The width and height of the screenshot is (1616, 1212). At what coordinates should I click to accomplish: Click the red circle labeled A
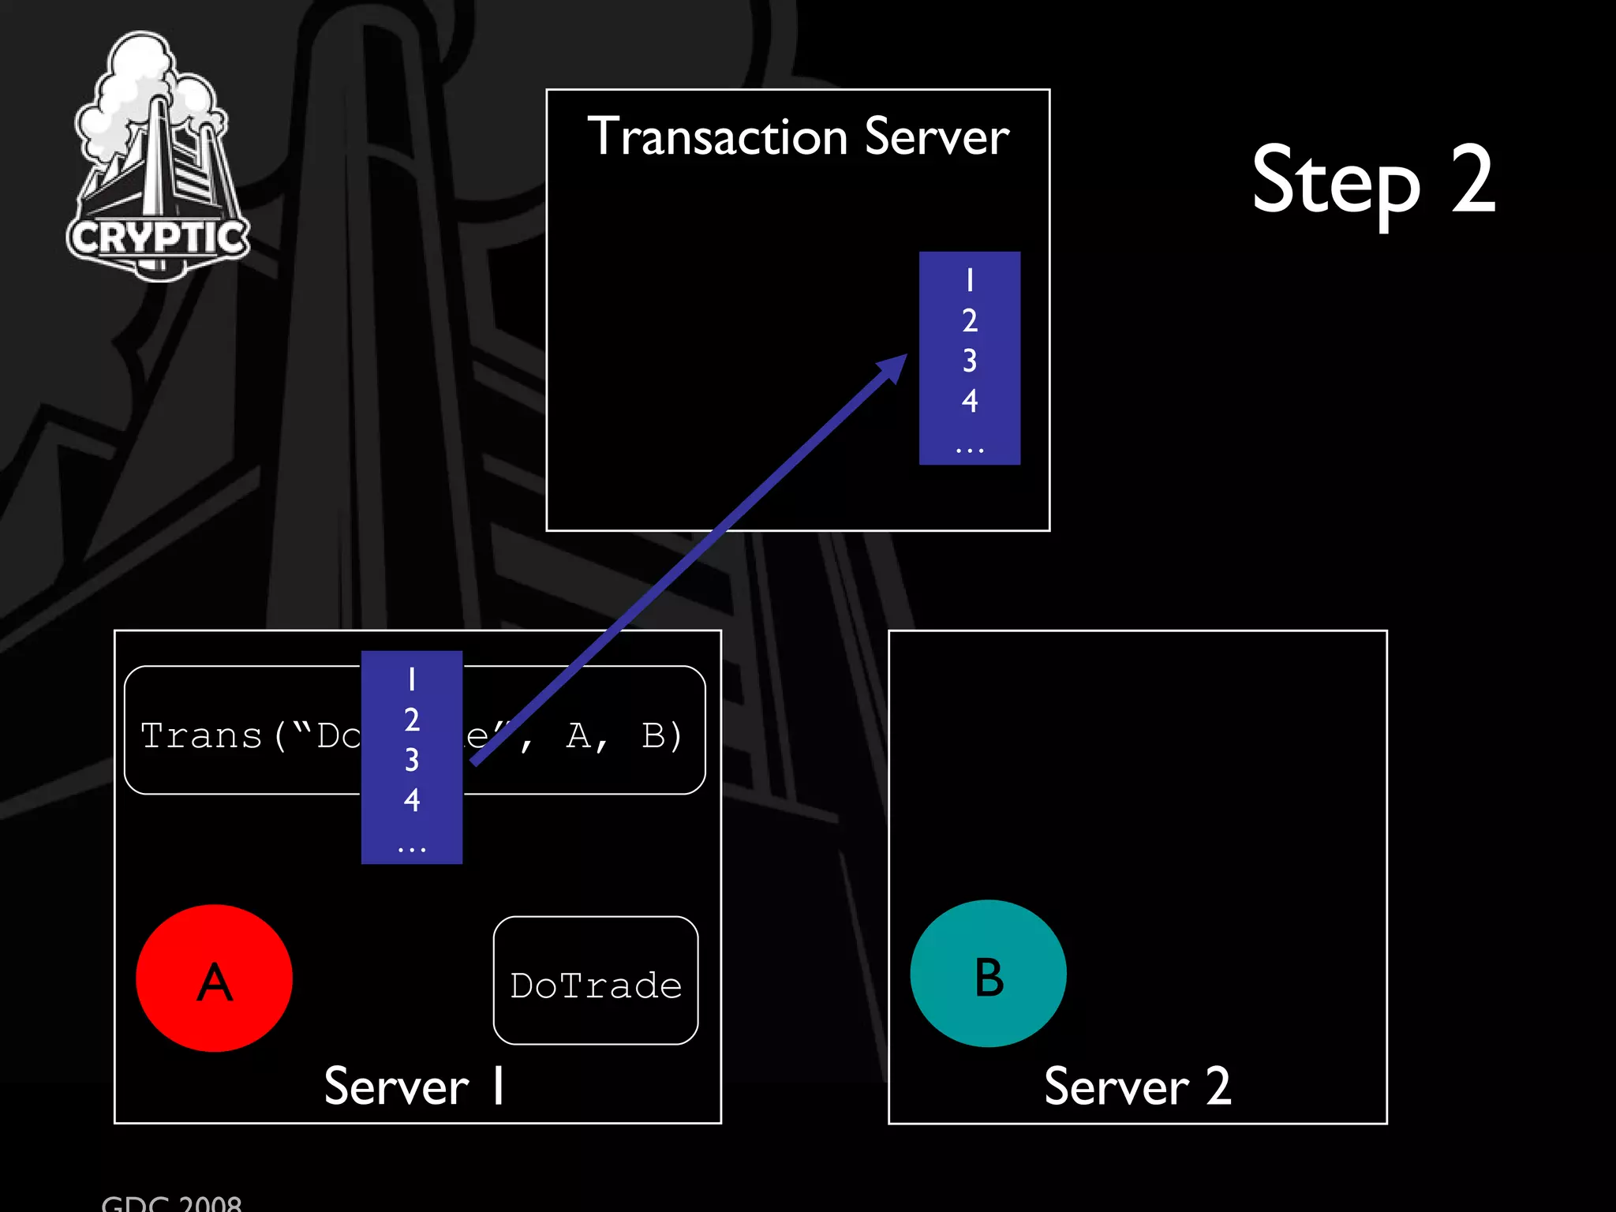click(x=214, y=978)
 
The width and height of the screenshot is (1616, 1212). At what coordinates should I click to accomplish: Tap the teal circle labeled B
click(x=988, y=973)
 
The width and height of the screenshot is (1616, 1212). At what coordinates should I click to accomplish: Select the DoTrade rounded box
click(x=596, y=981)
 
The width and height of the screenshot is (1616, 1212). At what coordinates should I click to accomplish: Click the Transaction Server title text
click(x=798, y=137)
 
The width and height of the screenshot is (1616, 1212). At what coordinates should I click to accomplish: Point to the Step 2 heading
click(x=1373, y=181)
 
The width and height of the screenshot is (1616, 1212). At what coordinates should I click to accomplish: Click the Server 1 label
click(x=414, y=1087)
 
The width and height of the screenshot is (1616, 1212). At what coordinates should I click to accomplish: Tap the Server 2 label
click(x=1137, y=1087)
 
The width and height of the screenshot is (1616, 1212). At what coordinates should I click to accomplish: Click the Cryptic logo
click(x=158, y=158)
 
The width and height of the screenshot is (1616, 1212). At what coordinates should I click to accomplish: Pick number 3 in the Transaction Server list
click(x=970, y=361)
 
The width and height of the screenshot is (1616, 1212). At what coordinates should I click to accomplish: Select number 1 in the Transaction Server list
click(x=970, y=280)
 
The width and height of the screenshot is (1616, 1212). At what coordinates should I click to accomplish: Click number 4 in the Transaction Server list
click(x=970, y=401)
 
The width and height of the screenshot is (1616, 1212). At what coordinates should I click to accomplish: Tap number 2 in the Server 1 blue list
click(x=411, y=720)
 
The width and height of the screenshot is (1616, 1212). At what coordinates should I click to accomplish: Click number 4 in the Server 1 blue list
click(x=411, y=800)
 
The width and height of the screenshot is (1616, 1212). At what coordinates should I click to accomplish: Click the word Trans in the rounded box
click(x=201, y=735)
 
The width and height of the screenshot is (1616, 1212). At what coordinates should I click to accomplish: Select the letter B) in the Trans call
click(x=661, y=735)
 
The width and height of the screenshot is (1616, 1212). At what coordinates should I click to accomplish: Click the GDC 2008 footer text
click(x=171, y=1203)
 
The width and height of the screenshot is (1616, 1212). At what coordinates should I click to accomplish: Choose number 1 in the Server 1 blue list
click(x=411, y=679)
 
